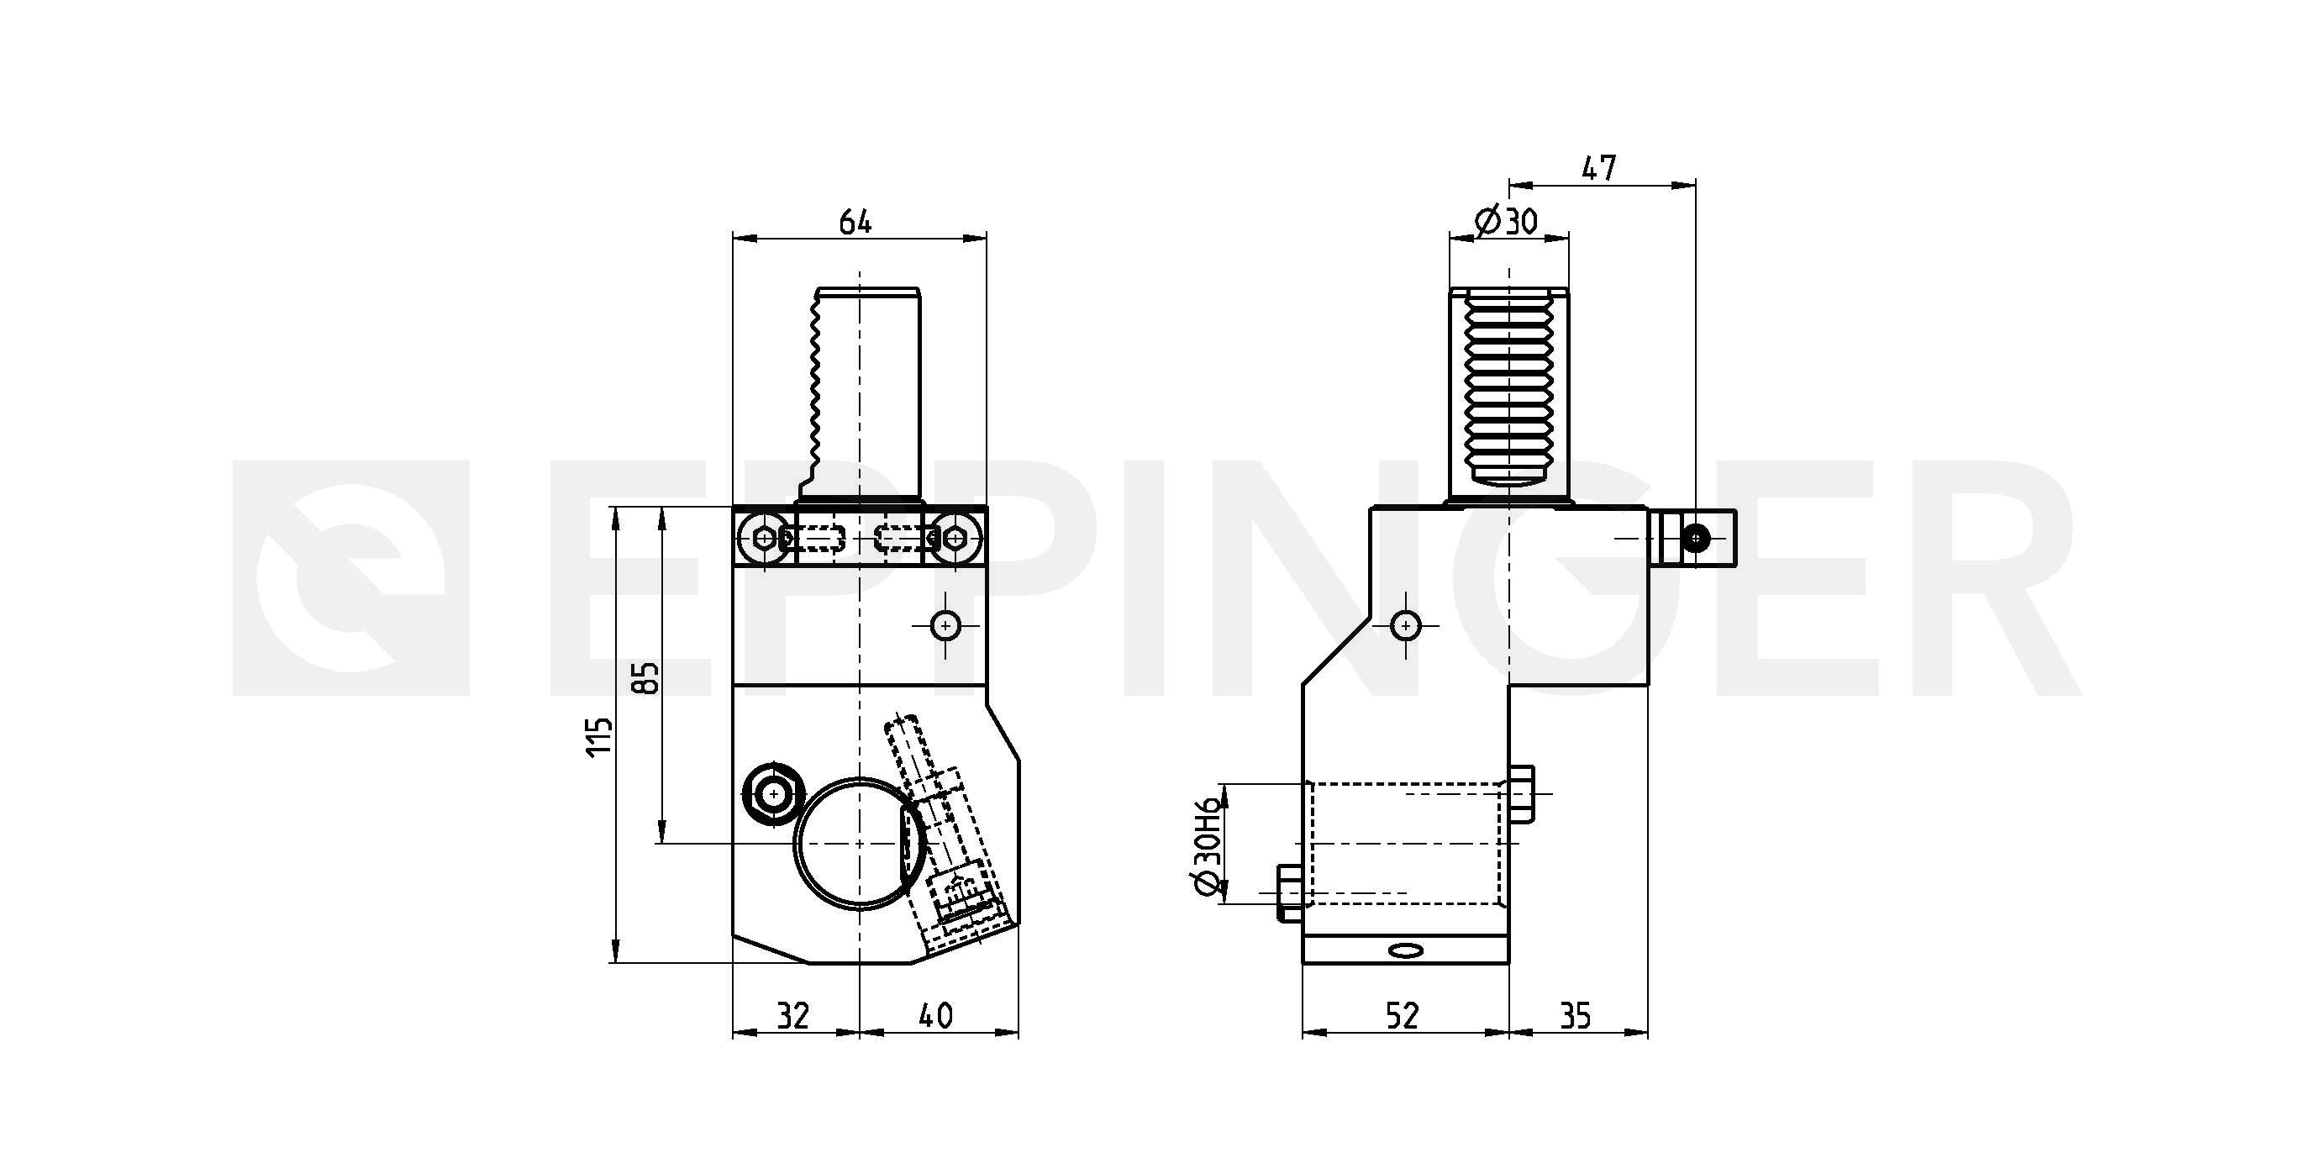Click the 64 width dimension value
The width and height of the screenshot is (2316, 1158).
[855, 222]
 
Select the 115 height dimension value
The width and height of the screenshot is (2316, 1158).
[600, 736]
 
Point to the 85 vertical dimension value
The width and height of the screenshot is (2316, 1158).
[646, 678]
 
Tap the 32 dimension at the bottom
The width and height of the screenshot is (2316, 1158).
[792, 1017]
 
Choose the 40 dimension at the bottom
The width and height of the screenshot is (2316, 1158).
[936, 1017]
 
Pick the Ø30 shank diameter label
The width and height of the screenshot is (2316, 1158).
[1507, 221]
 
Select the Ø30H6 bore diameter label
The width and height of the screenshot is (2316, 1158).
[1207, 845]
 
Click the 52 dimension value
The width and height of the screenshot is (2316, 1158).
[1402, 1017]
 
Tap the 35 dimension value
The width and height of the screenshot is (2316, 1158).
[1575, 1017]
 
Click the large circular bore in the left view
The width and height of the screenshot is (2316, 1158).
[859, 844]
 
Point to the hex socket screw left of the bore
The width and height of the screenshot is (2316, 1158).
[772, 793]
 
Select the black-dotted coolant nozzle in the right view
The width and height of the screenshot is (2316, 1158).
[1696, 538]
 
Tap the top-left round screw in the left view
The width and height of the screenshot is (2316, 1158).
[764, 538]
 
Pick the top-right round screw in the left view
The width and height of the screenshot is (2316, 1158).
[955, 538]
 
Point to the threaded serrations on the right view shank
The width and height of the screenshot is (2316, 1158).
[1508, 391]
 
